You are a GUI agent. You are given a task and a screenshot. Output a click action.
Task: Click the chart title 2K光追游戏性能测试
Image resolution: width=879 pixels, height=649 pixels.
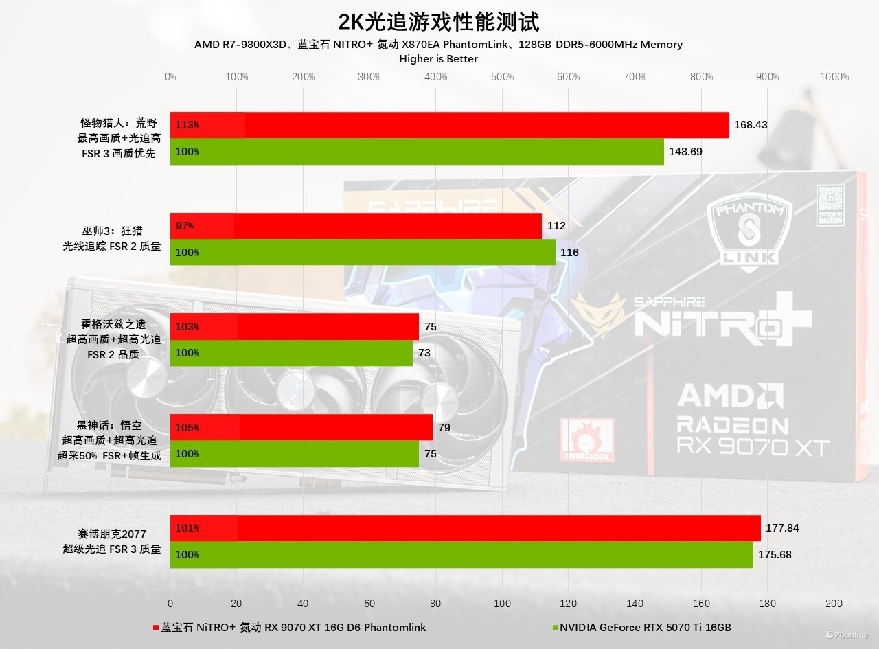tap(439, 21)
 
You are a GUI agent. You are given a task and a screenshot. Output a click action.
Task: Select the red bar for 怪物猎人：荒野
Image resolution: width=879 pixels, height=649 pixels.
tap(450, 125)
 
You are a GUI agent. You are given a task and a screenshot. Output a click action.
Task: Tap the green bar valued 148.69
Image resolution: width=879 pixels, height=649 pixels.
tap(417, 152)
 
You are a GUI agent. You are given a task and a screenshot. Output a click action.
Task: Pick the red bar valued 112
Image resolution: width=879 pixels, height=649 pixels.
tap(356, 226)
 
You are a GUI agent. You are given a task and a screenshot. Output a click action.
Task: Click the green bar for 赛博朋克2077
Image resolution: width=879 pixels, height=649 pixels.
tap(461, 555)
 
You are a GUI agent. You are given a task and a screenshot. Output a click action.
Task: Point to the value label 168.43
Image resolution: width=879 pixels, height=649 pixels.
tap(751, 125)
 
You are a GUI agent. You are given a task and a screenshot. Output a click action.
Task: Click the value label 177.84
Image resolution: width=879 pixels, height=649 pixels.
tap(782, 528)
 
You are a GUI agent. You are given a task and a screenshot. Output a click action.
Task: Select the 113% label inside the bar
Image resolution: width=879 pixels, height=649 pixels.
tap(187, 125)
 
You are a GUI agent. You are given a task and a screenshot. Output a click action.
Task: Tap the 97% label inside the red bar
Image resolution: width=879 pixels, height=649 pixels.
tap(185, 226)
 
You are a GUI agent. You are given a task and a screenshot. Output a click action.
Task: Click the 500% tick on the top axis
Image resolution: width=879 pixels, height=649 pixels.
tap(503, 77)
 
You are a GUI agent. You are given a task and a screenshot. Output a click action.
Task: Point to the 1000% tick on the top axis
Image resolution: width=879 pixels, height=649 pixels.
tap(834, 77)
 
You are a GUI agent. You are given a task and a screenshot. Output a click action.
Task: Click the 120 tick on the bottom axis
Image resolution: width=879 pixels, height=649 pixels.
tap(569, 604)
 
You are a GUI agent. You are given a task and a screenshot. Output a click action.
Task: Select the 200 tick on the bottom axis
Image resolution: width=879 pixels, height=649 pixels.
tap(834, 604)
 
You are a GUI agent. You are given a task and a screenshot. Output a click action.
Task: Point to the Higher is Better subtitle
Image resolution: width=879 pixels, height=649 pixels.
tap(438, 59)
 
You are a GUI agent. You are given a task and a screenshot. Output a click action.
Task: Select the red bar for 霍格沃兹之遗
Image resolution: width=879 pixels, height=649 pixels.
tap(295, 327)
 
